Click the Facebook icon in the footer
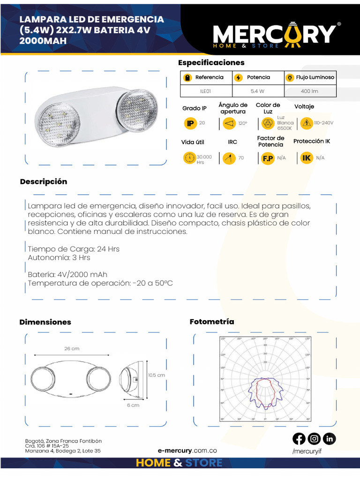pos(299,439)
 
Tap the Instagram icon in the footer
pos(314,439)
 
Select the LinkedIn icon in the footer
pos(330,439)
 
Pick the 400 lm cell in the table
pos(309,91)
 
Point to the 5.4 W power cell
pos(257,91)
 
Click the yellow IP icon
pos(190,123)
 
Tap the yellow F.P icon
pos(268,158)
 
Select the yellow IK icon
pos(307,158)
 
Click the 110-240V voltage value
pos(323,123)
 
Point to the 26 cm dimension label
pos(72,348)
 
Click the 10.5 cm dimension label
pos(157,375)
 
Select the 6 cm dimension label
pos(133,405)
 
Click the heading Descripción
pos(44,182)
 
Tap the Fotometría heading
pos(211,322)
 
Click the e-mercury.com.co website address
pos(187,450)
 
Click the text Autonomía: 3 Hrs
pos(59,257)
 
